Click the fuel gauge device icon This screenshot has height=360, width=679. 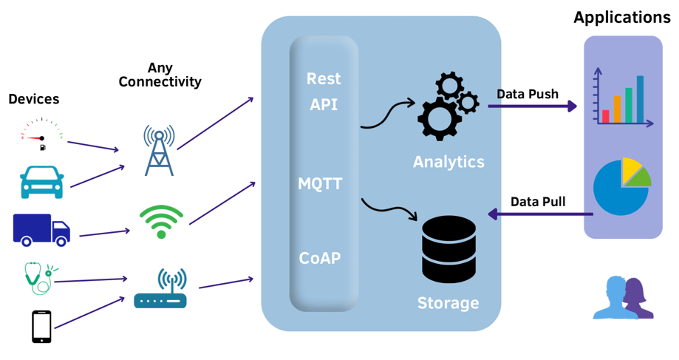41,138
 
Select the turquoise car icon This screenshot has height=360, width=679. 41,182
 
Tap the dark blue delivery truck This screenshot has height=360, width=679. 41,230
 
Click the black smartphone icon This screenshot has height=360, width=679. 41,326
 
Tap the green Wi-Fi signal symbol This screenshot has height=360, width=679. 161,221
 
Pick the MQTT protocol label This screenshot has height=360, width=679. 320,183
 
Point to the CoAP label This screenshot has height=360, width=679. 320,258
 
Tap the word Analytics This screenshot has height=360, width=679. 448,161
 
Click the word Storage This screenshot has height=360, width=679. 448,303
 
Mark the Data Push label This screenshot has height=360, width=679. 527,94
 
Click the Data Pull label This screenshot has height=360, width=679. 538,202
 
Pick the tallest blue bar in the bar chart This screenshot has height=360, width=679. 640,99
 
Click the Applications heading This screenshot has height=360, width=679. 622,17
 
